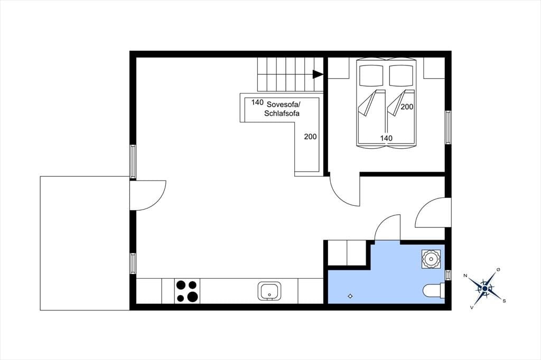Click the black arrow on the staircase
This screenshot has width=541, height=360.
pos(318,74)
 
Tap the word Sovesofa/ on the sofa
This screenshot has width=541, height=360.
pos(284,104)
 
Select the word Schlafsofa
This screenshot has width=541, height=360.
pos(282,113)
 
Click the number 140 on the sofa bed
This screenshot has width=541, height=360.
pos(257,102)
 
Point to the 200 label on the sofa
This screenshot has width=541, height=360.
pos(310,137)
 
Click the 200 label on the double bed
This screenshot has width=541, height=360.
pos(407,107)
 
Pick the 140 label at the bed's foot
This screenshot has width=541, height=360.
pos(386,138)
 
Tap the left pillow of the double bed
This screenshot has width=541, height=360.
pos(371,75)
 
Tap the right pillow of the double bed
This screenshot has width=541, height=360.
pos(402,75)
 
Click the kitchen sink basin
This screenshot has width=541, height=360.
pos(269,291)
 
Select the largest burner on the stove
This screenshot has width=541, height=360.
pos(193,297)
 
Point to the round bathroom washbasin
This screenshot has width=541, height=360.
pos(431,259)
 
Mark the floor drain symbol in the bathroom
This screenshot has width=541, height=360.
pos(350,296)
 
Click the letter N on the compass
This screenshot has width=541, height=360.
pos(465,275)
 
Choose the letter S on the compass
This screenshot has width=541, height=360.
pos(504,301)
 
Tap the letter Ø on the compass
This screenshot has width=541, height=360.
pos(498,269)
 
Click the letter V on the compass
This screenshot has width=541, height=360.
pos(471,307)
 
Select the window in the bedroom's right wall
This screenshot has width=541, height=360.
pos(448,127)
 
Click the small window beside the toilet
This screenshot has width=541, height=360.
pos(448,275)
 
